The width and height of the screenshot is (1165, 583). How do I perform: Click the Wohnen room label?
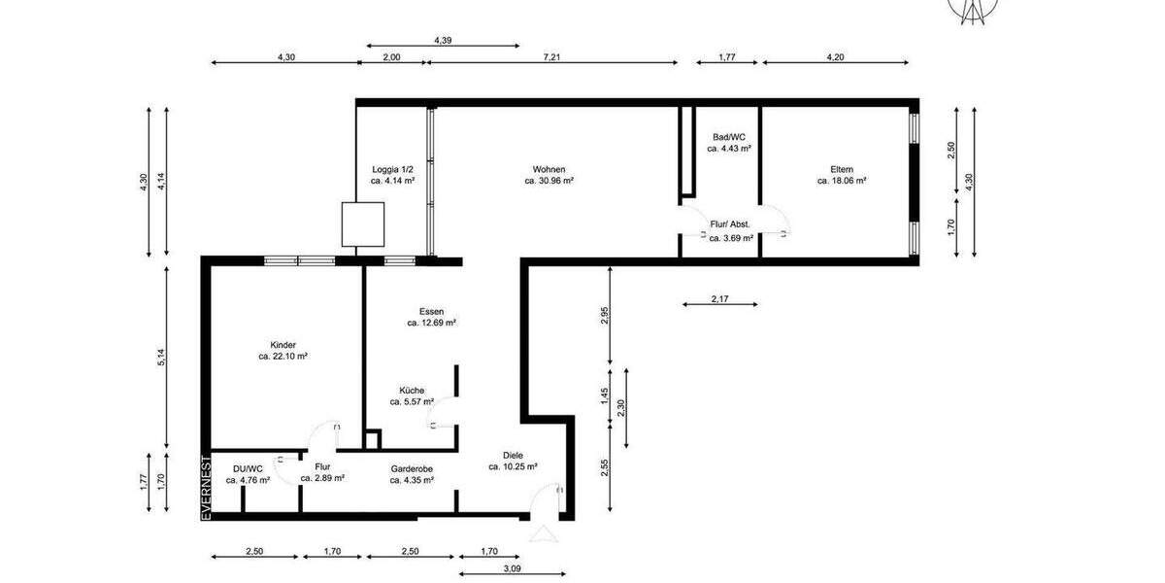549,168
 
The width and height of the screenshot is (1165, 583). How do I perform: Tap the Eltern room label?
842,168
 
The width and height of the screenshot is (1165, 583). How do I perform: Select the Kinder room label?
283,344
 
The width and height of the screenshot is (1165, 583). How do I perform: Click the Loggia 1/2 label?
392,168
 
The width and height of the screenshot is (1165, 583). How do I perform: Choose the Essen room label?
431,311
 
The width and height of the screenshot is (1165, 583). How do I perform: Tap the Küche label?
412,390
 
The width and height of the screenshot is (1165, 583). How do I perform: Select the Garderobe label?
412,468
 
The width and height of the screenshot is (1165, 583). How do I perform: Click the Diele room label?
513,455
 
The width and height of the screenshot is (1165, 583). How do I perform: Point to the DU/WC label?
248,468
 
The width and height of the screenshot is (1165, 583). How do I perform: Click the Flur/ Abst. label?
731,223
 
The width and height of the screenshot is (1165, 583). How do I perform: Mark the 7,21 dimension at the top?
551,57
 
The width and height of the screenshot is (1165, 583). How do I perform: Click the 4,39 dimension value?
443,40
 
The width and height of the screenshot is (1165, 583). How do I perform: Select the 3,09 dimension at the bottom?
511,569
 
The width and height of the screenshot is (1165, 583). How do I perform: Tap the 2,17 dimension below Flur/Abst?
719,298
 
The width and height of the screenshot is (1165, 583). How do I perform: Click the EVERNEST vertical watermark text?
206,487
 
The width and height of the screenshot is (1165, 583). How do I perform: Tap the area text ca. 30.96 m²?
549,181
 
